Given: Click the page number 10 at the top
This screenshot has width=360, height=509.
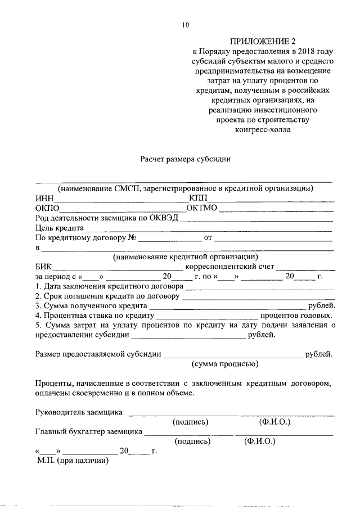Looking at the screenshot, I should [x=186, y=24].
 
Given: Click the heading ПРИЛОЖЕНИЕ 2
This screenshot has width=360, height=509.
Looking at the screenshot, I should [x=263, y=41].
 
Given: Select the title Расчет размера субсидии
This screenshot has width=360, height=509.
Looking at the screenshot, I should [x=186, y=159].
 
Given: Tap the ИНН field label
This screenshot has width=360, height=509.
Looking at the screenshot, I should [x=44, y=198].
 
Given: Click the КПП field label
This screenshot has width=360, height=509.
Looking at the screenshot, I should [x=198, y=198].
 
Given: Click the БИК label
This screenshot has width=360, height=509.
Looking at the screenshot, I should [x=43, y=267].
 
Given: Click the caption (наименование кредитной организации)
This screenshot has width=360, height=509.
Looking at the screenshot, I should [x=186, y=257].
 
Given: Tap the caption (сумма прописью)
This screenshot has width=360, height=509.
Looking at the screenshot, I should [x=225, y=364].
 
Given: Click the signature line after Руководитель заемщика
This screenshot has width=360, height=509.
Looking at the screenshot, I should [x=183, y=414].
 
